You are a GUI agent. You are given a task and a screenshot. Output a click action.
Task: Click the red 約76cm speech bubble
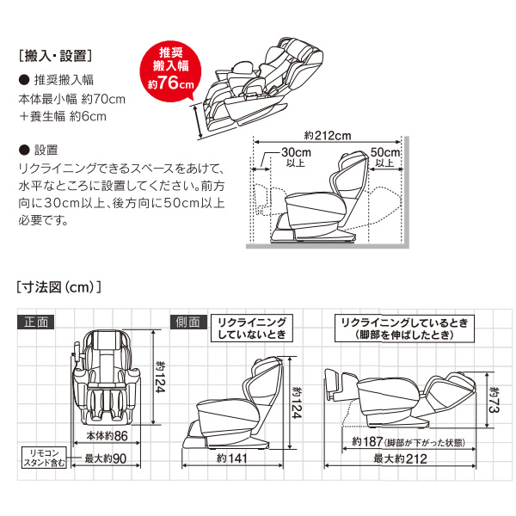coord(170,71)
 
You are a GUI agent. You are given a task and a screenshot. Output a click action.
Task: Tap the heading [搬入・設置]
coord(55,56)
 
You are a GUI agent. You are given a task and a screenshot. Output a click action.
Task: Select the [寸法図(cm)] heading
coord(58,287)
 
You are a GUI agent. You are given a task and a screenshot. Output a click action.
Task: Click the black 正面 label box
coord(35,322)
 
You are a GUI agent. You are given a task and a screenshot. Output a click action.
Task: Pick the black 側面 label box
coord(188,322)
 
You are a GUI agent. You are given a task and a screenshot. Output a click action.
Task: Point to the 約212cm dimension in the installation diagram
coord(328,135)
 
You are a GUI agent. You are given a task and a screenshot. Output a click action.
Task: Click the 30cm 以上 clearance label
coord(296,157)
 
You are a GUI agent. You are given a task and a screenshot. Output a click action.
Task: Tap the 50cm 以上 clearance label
coord(385,157)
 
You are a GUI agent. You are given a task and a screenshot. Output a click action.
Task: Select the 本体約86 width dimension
coord(107,436)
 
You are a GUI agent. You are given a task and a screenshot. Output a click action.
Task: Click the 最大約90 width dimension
coord(105,458)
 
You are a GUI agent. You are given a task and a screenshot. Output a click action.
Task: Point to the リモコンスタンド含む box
coord(45,458)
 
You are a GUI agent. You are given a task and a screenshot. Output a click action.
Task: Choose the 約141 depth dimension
coord(232,458)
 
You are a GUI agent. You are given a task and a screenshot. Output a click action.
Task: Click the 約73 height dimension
coord(494,400)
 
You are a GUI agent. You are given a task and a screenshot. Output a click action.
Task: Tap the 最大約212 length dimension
coord(400,458)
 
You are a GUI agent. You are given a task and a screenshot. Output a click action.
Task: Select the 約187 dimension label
coord(408,442)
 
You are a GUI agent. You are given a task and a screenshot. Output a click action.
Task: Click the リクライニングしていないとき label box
coord(252,329)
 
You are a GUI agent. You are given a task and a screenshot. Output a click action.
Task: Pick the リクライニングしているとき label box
coord(404,329)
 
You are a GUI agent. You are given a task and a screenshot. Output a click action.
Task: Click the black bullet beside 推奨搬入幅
coord(24,80)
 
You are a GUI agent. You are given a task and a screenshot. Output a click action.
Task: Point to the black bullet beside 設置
coord(24,150)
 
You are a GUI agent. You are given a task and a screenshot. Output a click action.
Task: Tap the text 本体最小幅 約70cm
coord(71,99)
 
